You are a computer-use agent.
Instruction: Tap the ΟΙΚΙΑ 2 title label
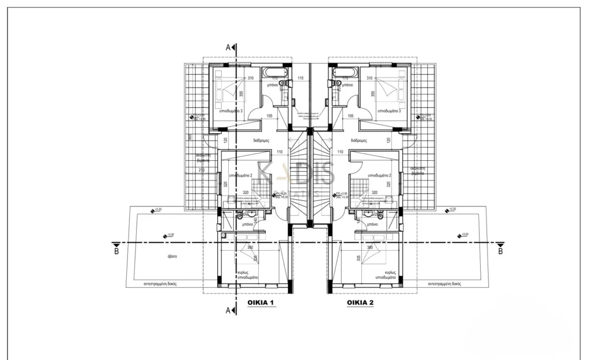(x=360, y=303)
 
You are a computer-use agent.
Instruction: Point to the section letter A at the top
(x=229, y=46)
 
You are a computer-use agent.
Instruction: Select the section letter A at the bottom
(x=229, y=311)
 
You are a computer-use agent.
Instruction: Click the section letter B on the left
(x=116, y=251)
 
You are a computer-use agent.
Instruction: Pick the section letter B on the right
(x=500, y=251)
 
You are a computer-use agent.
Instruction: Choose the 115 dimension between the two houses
(x=301, y=78)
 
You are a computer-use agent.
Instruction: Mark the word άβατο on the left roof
(x=173, y=255)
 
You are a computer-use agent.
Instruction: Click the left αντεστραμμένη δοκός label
(x=160, y=285)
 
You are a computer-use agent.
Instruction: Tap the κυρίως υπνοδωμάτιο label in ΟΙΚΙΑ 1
(x=247, y=274)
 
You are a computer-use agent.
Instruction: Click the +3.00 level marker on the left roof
(x=170, y=235)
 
